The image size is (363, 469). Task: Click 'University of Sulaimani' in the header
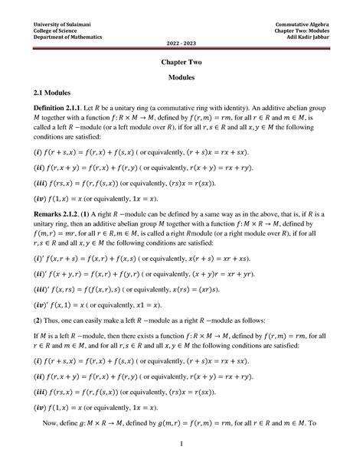click(x=58, y=25)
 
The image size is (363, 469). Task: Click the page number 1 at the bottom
click(x=181, y=444)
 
